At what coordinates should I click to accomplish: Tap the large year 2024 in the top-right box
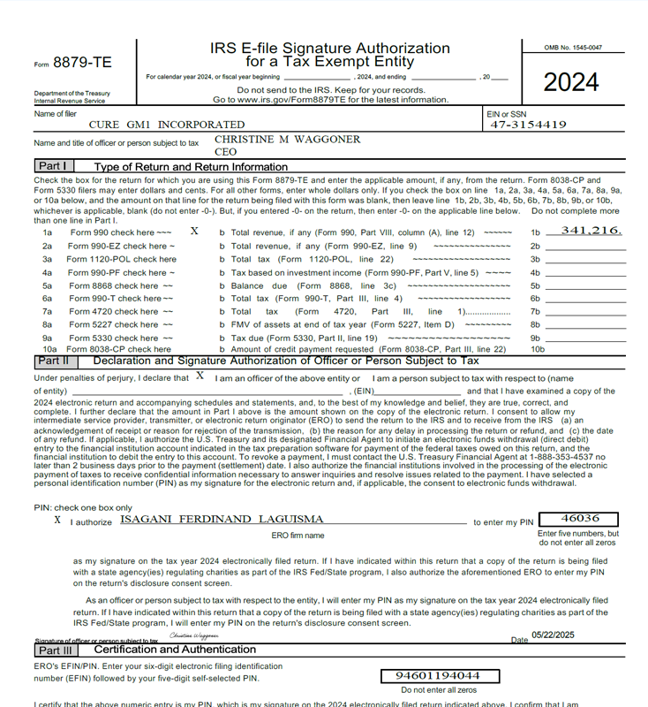(570, 82)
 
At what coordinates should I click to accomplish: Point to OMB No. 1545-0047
(574, 47)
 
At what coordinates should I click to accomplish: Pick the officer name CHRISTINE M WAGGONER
(288, 140)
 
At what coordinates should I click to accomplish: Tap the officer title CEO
(226, 152)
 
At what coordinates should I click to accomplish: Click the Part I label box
(54, 166)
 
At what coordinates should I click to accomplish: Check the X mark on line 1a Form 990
(194, 231)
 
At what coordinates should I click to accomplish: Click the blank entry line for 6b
(585, 299)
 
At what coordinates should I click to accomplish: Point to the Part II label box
(54, 361)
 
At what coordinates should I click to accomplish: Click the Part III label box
(56, 650)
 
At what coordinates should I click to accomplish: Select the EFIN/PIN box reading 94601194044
(432, 675)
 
